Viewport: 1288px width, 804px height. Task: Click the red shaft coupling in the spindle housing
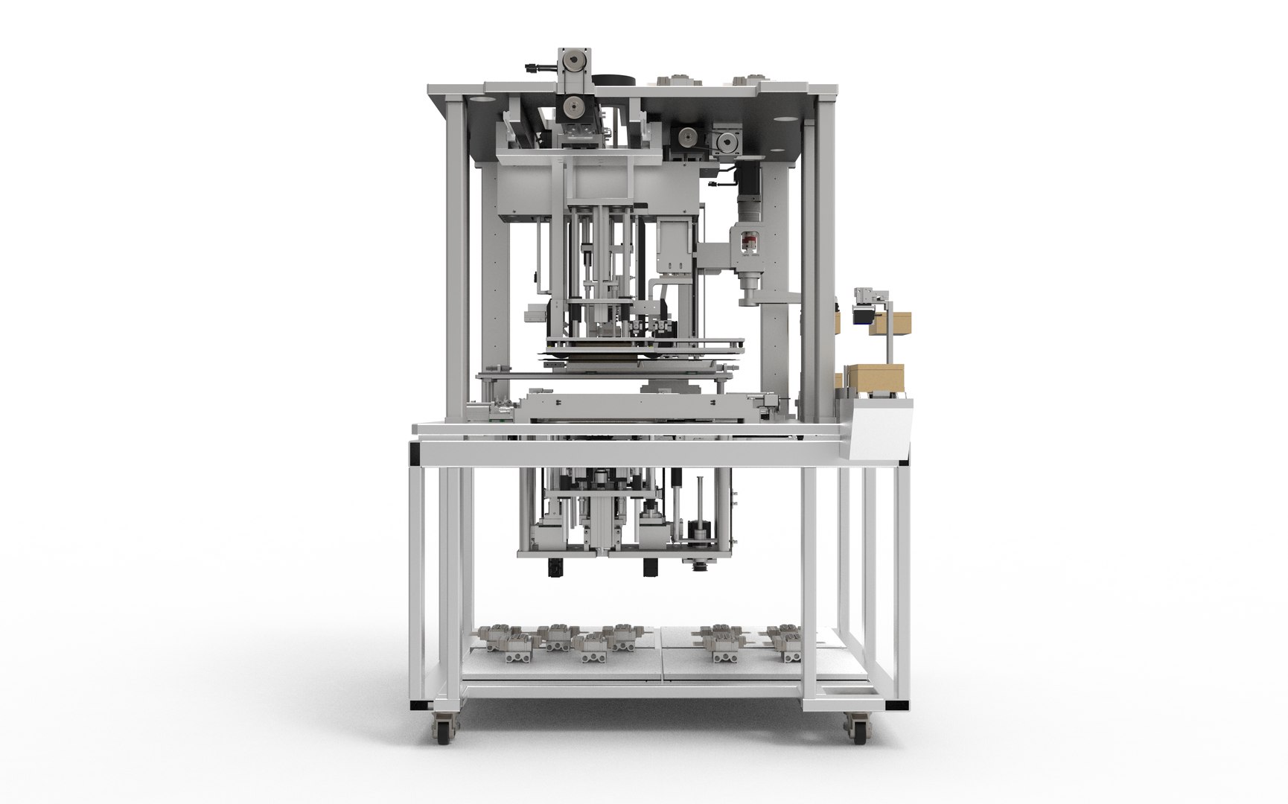747,243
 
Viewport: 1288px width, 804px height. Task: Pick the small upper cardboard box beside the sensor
893,322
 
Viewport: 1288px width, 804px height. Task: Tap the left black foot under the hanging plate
553,567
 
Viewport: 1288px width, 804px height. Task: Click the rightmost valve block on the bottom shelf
788,640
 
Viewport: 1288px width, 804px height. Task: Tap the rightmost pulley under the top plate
726,140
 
